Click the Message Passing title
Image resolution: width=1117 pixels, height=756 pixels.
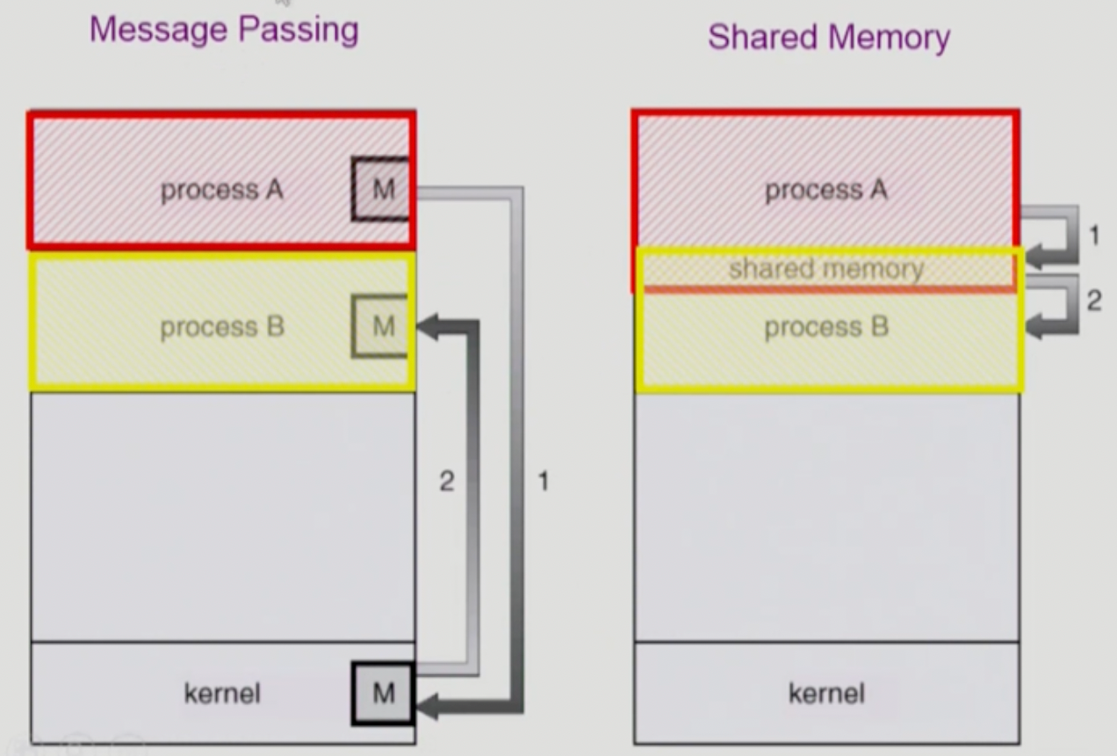pos(224,30)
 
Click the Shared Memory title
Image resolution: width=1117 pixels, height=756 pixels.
pos(828,37)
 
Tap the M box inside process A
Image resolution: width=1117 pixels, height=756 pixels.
pos(382,189)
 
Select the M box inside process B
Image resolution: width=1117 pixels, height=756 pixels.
pos(381,326)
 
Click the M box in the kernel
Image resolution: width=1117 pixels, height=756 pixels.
pos(383,693)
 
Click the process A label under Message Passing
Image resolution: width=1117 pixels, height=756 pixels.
pos(222,190)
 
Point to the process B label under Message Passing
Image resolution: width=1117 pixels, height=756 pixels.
pos(222,327)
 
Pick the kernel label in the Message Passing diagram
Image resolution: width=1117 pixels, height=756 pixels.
pos(222,693)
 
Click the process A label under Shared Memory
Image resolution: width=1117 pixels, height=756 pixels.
pos(826,190)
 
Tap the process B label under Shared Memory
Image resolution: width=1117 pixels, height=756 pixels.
pos(826,327)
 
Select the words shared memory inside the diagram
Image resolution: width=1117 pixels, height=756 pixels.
pos(826,269)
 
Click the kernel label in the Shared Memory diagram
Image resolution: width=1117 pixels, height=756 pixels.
pos(826,693)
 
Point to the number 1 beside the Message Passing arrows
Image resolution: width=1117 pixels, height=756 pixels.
pos(543,481)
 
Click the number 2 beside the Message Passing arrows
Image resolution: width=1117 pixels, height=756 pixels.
pos(446,481)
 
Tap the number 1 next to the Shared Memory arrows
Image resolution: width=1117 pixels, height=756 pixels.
pos(1093,236)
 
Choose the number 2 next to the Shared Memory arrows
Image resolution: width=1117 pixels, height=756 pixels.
pos(1093,301)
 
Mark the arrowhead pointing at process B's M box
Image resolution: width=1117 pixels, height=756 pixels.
pos(428,327)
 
